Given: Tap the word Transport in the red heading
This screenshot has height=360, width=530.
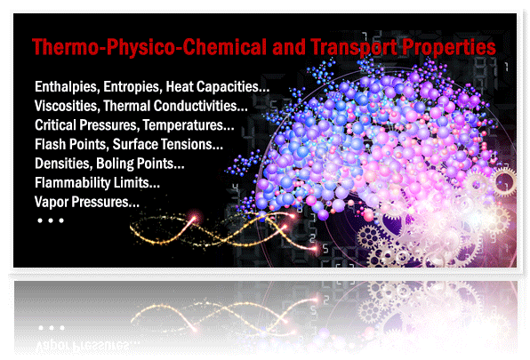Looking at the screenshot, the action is coord(353,47).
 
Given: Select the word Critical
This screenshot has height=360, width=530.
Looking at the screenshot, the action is coord(55,125).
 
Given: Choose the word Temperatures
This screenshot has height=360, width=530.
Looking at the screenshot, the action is coord(189,125).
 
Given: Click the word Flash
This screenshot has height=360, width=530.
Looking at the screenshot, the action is coord(51,144).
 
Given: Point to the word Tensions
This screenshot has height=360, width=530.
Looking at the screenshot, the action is coord(192,144).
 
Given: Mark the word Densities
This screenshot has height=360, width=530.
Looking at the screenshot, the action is coord(63,164).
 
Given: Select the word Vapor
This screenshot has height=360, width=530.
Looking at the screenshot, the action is coord(51,203).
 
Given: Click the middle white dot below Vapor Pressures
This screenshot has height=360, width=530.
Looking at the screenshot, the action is coord(51,220).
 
